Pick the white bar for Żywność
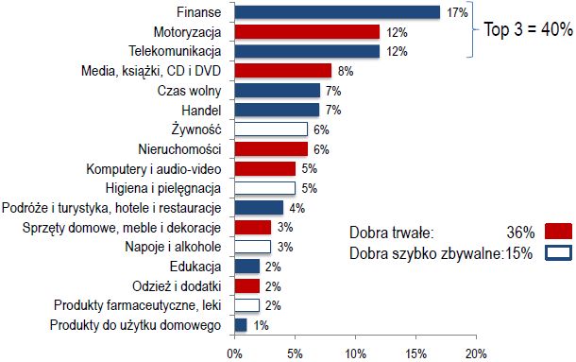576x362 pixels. pyautogui.click(x=270, y=129)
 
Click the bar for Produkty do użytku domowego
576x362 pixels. pyautogui.click(x=240, y=324)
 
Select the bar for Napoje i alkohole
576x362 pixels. pyautogui.click(x=252, y=246)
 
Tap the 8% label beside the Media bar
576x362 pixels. pyautogui.click(x=345, y=71)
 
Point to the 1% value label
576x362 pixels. pyautogui.click(x=260, y=325)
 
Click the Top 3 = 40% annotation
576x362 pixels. pyautogui.click(x=527, y=30)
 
